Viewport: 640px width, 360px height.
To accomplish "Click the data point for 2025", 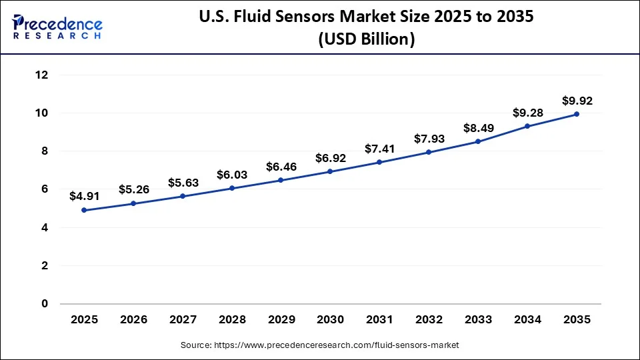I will pos(84,210).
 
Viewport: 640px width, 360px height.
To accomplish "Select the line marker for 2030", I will pos(330,172).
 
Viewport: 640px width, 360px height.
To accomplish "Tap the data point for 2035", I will pos(577,114).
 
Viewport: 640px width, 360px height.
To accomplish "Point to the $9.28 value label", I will pos(527,113).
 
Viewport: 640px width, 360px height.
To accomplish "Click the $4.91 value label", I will pos(84,197).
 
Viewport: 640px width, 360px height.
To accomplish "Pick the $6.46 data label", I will pos(281,167).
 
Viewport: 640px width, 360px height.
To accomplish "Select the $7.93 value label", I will pos(429,139).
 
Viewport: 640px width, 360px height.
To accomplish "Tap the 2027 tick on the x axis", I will pos(183,320).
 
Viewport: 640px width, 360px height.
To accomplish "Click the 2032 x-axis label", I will pos(429,320).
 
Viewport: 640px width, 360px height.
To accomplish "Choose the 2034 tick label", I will pos(527,320).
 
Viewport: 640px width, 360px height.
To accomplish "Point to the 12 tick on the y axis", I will pos(41,75).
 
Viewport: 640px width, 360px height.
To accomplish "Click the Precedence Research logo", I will pos(57,27).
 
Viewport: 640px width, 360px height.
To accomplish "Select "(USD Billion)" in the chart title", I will pos(365,40).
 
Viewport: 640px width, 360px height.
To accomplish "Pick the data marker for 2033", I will pos(478,141).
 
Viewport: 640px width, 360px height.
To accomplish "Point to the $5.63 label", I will pos(183,183).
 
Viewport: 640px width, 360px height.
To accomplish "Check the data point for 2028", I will pos(232,188).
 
